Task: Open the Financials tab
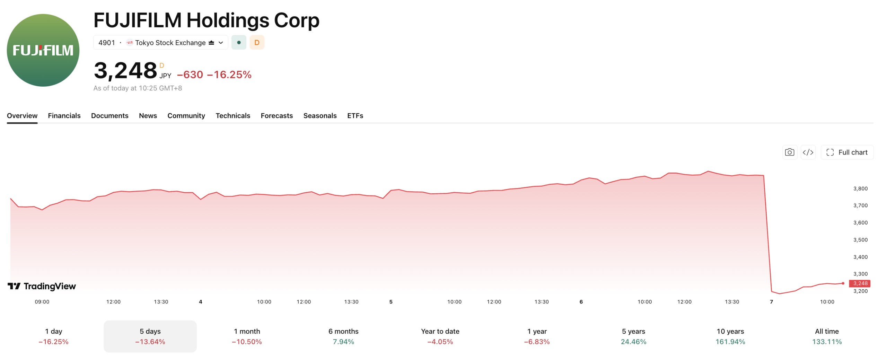pyautogui.click(x=64, y=115)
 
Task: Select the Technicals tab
pyautogui.click(x=233, y=115)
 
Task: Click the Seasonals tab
pyautogui.click(x=320, y=115)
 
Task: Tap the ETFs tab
pyautogui.click(x=355, y=115)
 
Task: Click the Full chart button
pyautogui.click(x=847, y=152)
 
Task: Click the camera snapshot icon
pyautogui.click(x=790, y=152)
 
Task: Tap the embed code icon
pyautogui.click(x=808, y=152)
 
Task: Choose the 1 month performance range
pyautogui.click(x=247, y=336)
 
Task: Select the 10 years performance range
pyautogui.click(x=730, y=336)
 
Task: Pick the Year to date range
pyautogui.click(x=440, y=336)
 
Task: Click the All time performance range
pyautogui.click(x=827, y=336)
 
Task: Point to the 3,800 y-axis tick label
pyautogui.click(x=860, y=188)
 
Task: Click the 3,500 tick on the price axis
pyautogui.click(x=860, y=240)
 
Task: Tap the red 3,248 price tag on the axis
pyautogui.click(x=860, y=283)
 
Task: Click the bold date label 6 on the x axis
pyautogui.click(x=581, y=302)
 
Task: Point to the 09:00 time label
pyautogui.click(x=42, y=302)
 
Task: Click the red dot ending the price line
pyautogui.click(x=843, y=283)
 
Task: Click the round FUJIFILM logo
pyautogui.click(x=43, y=50)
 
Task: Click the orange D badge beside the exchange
pyautogui.click(x=257, y=43)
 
